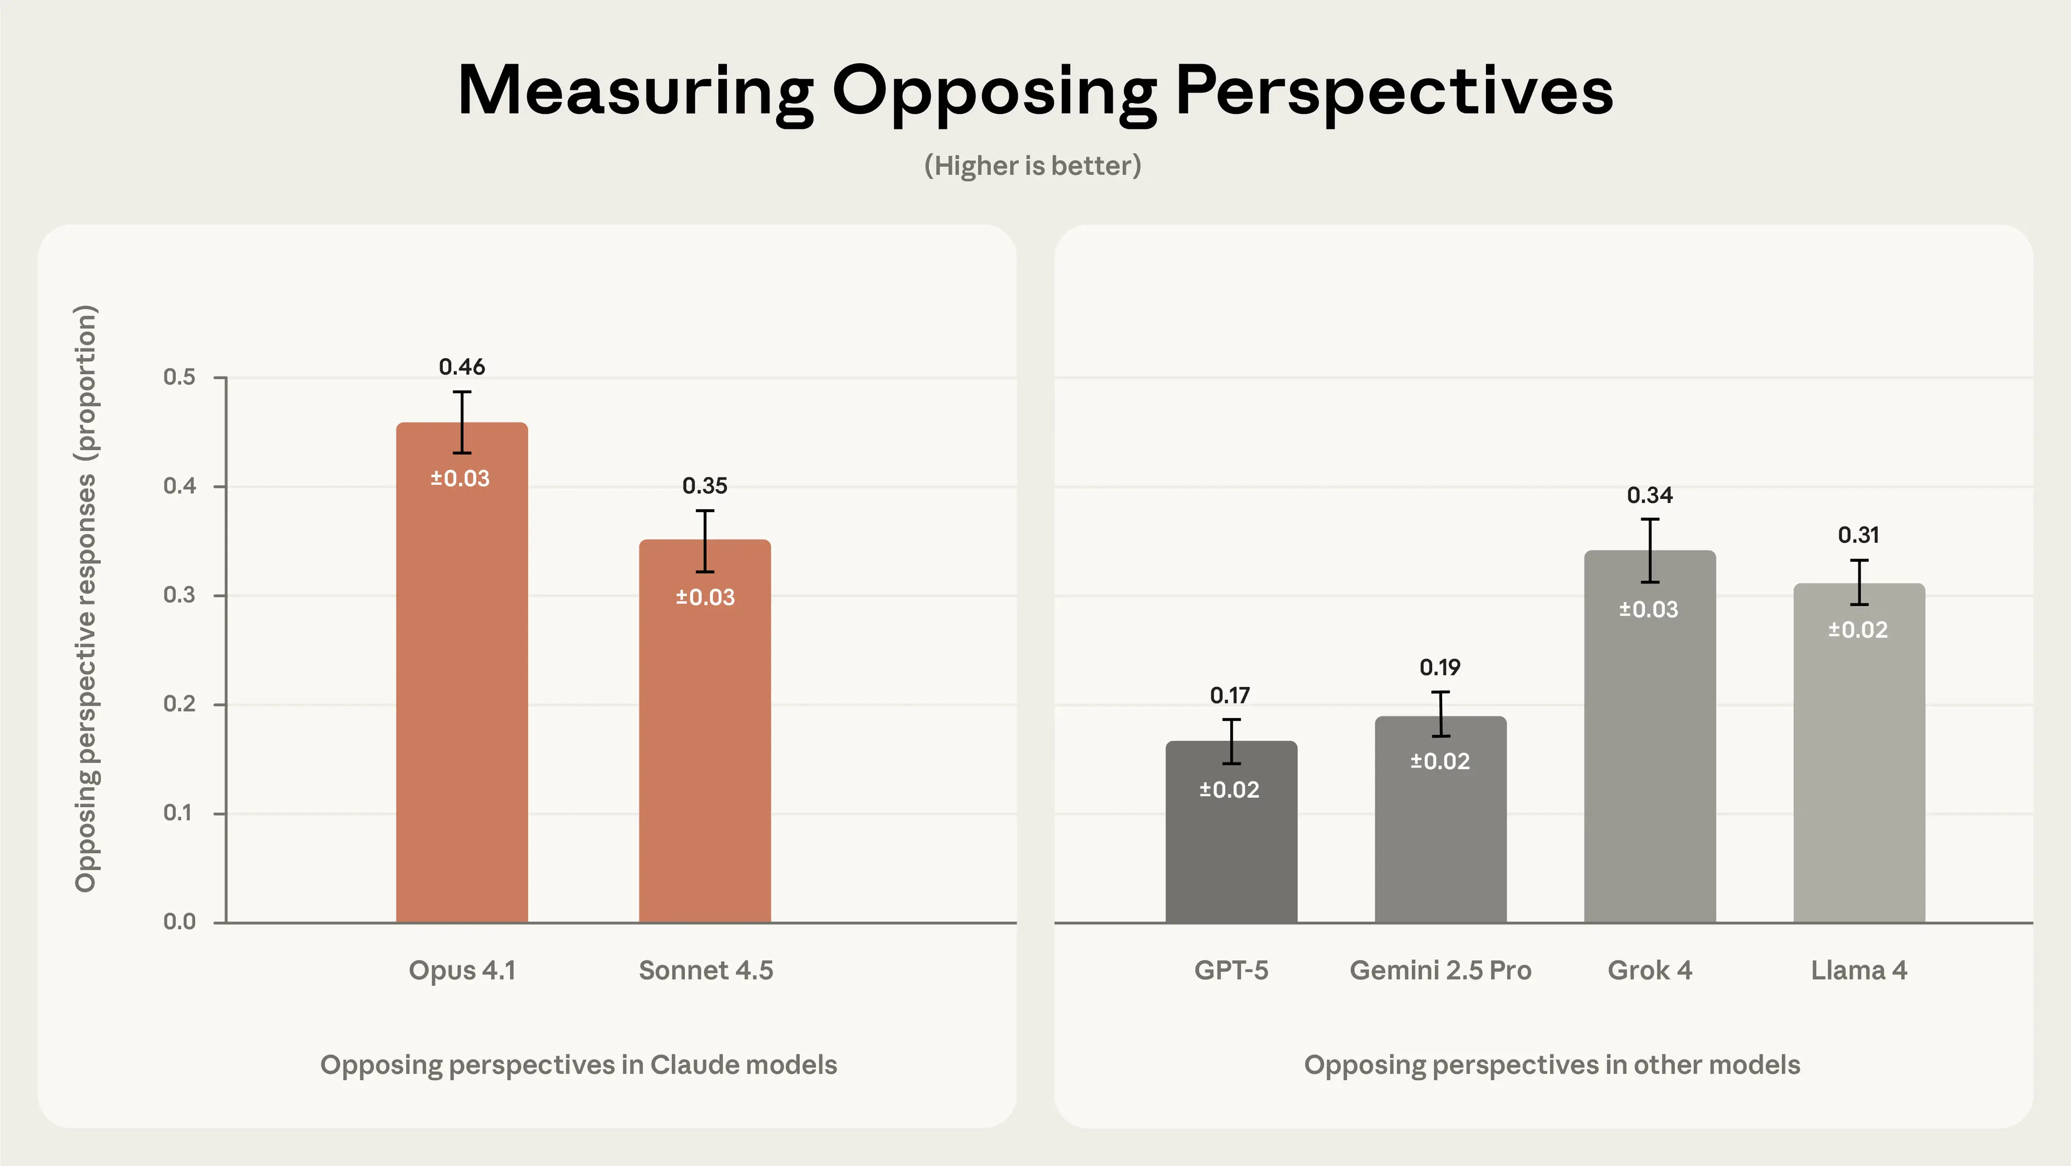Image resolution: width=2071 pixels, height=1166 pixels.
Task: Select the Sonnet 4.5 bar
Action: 704,748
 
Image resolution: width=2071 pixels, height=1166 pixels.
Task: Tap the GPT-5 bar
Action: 1231,853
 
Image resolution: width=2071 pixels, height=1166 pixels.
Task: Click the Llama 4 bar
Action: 1858,772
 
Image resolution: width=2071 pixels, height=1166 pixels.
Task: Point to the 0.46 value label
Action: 462,367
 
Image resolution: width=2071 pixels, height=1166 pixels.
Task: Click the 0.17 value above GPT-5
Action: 1230,695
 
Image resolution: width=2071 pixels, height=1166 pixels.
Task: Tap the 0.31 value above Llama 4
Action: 1858,535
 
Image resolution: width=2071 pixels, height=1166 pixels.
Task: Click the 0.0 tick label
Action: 179,922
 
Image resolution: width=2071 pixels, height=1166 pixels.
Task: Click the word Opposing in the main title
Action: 993,92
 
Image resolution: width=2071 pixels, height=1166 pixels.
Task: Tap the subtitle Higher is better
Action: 1032,166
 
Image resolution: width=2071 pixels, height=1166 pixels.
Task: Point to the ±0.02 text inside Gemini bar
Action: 1440,761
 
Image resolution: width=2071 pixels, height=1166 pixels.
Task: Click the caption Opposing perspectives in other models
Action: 1552,1064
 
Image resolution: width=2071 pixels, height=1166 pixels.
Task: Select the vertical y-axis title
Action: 85,598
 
